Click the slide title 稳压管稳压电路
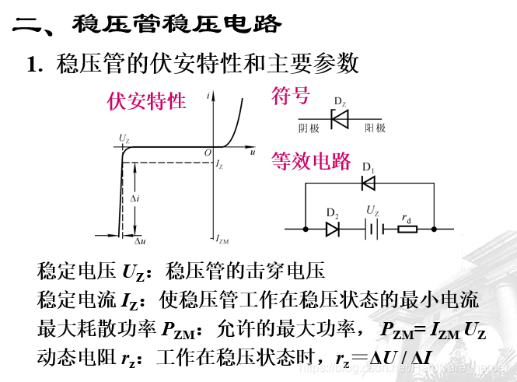tap(177, 24)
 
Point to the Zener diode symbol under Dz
tap(341, 119)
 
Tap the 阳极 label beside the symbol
tap(376, 128)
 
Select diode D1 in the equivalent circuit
tap(369, 184)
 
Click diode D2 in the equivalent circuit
tap(332, 229)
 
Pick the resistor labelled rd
tap(407, 229)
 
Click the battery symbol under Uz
tap(372, 229)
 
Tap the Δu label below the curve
tap(141, 241)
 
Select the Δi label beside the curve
tap(134, 198)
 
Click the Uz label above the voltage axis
tap(124, 138)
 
